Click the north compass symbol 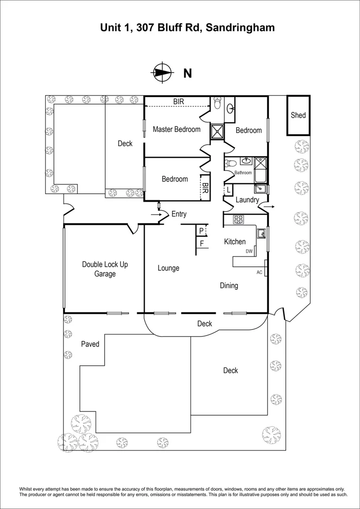(x=162, y=73)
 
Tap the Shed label (x=298, y=115)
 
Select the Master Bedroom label (x=176, y=129)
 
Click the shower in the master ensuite (x=217, y=131)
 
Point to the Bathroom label (x=243, y=172)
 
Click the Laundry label (x=247, y=200)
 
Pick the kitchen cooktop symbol (x=238, y=219)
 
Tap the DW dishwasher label (x=249, y=252)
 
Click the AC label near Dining (x=259, y=272)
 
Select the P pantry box (x=201, y=230)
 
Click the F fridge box (x=202, y=244)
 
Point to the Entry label (x=179, y=214)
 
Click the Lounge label (x=168, y=268)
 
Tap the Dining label (x=229, y=285)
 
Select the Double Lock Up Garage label (x=105, y=269)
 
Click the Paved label (x=90, y=344)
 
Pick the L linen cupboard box (x=229, y=189)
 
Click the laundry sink (x=260, y=189)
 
